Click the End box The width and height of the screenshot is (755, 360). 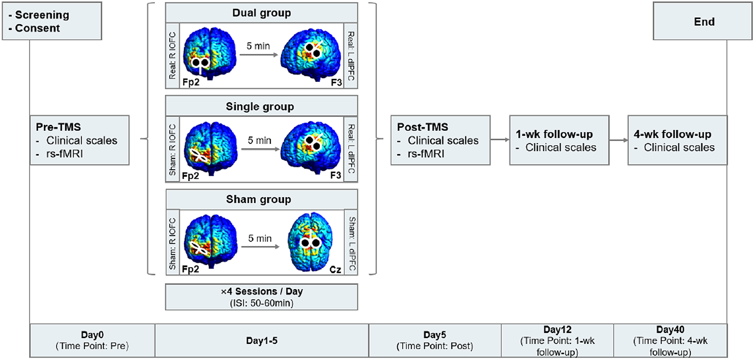point(702,21)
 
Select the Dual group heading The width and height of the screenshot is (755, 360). point(261,13)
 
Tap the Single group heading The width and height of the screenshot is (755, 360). point(260,106)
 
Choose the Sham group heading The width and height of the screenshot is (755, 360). point(259,199)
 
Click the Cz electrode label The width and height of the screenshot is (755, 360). point(335,270)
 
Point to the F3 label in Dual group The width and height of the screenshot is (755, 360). point(336,82)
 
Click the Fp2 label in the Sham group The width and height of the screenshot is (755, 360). point(190,269)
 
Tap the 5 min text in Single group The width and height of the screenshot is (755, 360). point(259,140)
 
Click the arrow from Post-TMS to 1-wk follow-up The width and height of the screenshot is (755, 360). point(500,140)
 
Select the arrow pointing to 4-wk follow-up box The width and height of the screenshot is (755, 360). point(618,140)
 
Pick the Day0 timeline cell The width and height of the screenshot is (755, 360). point(92,340)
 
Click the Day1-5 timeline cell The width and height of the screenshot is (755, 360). point(262,340)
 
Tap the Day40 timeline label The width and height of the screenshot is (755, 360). point(670,329)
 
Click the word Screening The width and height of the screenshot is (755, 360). point(42,15)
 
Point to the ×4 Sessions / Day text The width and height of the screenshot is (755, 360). point(261,292)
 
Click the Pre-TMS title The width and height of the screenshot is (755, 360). point(58,127)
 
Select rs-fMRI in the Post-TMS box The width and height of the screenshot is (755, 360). point(426,154)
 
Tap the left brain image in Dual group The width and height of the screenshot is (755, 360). point(209,54)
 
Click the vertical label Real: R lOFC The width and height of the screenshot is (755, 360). point(172,56)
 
